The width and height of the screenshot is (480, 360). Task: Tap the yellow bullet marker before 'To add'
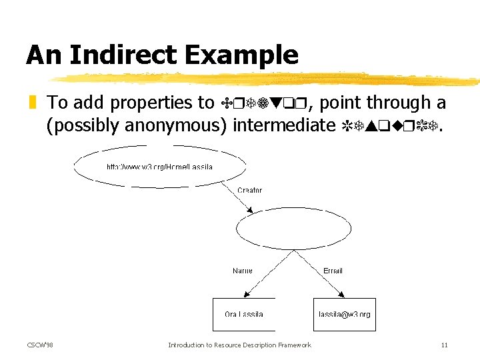(31, 103)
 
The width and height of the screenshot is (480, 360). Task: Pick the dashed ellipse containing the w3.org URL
(160, 167)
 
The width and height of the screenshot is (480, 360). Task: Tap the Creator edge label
(250, 190)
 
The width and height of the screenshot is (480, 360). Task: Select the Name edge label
(242, 271)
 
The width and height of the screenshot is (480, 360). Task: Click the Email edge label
(333, 271)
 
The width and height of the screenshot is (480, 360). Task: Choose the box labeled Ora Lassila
(243, 314)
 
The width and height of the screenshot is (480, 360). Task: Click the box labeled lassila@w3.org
(344, 314)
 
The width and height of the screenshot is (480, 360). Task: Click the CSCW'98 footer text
(40, 345)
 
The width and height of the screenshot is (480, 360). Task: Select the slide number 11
(444, 345)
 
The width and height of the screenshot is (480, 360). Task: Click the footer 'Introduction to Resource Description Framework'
(239, 345)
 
